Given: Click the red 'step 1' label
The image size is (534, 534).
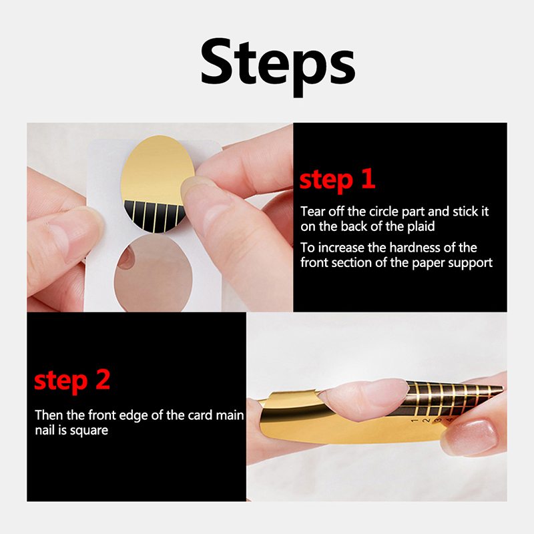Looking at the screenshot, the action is point(337,180).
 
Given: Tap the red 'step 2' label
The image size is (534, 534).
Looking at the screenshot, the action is point(72,380).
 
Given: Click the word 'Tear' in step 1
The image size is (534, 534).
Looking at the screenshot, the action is point(312,212).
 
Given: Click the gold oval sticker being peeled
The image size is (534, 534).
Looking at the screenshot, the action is point(156,184).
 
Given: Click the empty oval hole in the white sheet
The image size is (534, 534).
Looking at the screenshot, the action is point(154,272).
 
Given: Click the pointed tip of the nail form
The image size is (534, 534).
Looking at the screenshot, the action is point(502,388).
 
